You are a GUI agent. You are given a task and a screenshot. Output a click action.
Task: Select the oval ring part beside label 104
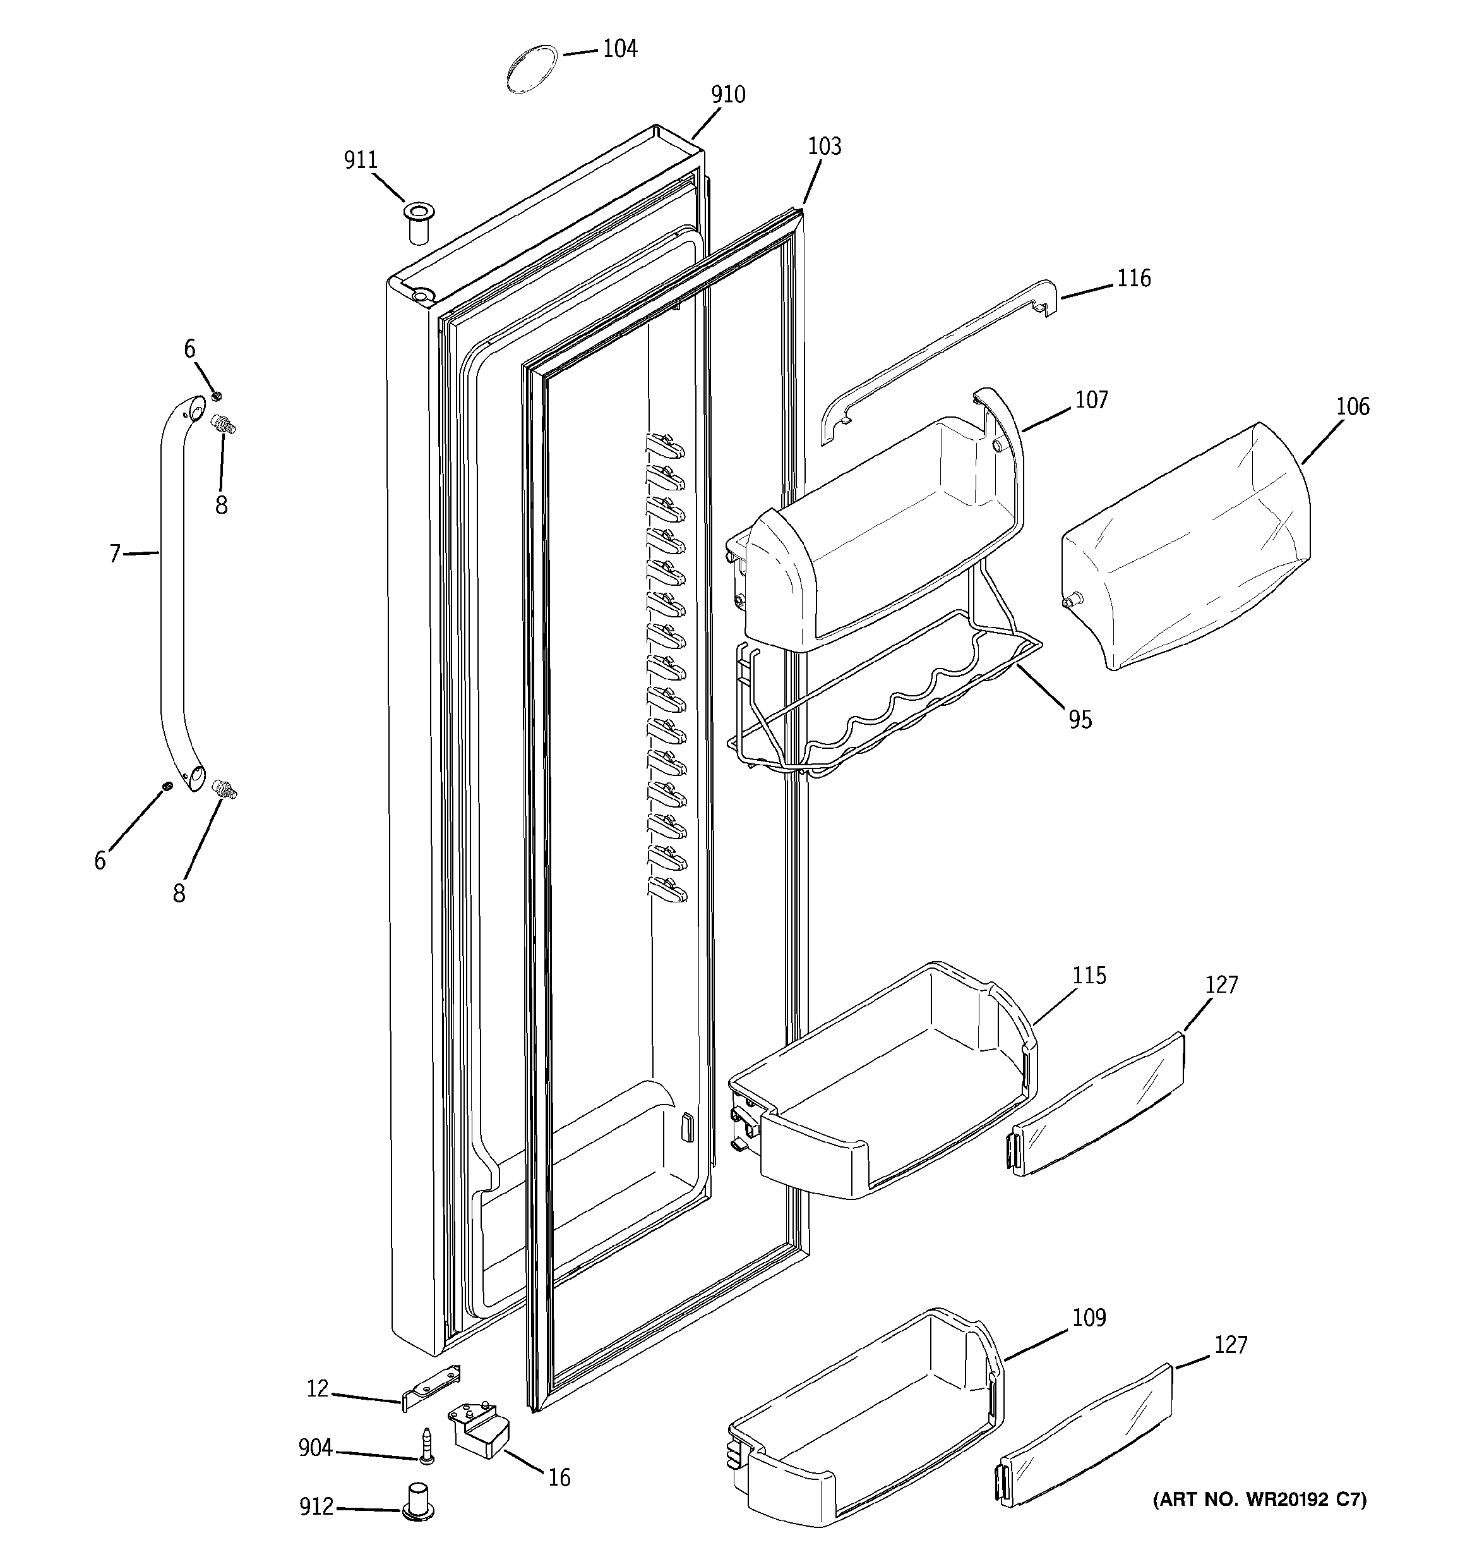coord(532,70)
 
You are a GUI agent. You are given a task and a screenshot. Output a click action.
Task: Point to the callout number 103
coord(824,147)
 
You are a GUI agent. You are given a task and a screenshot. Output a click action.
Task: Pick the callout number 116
coord(1134,279)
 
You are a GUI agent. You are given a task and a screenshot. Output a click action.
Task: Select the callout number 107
coord(1091,401)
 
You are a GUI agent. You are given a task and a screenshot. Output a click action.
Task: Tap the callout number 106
coord(1353,407)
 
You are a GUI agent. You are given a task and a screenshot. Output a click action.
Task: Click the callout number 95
coord(1080,719)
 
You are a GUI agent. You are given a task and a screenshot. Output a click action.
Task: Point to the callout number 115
coord(1089,976)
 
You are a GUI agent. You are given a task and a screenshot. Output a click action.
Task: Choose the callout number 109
coord(1089,1318)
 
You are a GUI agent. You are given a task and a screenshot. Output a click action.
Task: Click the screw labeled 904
coord(427,1446)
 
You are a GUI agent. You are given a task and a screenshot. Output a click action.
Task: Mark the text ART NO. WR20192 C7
coord(1259,1500)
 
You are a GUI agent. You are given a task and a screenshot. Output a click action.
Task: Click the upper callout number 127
coord(1221,985)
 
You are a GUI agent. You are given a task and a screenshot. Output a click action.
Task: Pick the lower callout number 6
coord(100,861)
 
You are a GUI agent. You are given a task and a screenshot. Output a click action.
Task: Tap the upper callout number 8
coord(222,505)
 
